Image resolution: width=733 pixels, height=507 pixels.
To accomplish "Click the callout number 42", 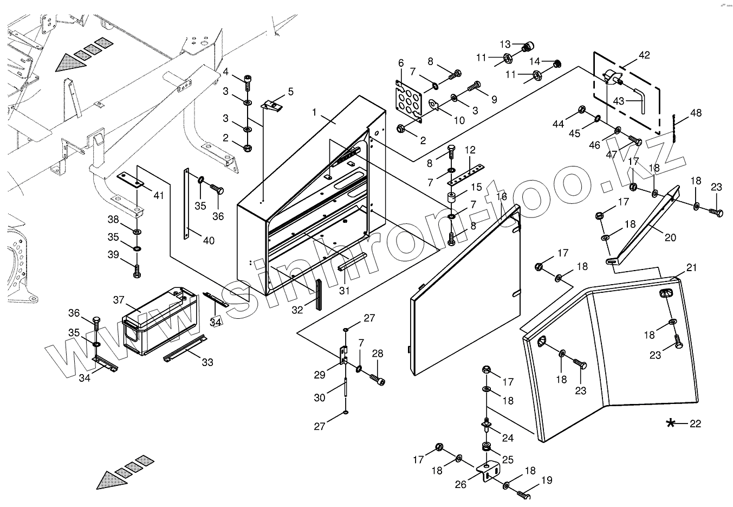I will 644,55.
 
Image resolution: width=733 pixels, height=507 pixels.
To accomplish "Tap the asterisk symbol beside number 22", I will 671,423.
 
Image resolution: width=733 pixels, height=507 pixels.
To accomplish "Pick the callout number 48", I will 696,113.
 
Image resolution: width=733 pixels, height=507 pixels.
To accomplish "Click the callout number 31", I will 345,291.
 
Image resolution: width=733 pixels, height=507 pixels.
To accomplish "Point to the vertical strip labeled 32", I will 319,294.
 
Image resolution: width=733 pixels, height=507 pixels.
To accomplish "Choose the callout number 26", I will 460,485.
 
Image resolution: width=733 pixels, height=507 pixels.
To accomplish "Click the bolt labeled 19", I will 523,495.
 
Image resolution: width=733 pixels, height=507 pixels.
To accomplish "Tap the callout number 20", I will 670,238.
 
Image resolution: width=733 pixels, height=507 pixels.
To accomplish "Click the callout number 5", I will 291,91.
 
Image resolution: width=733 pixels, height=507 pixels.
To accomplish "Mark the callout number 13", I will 505,44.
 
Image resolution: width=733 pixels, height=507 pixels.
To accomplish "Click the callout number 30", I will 320,397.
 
